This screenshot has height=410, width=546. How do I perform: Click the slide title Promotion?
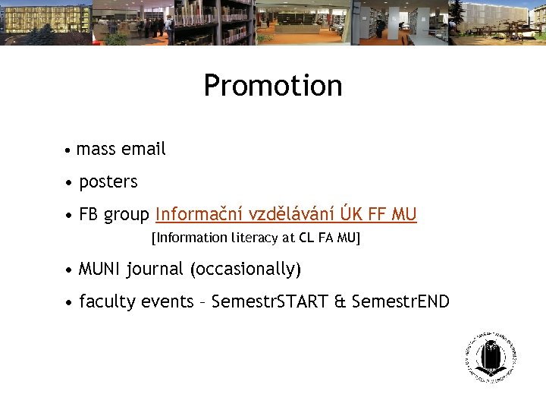click(x=273, y=86)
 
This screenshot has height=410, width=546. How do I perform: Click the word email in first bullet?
click(x=143, y=149)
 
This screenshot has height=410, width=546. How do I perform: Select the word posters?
click(x=108, y=182)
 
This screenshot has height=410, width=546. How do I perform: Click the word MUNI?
click(x=100, y=269)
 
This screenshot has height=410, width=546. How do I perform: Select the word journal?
click(x=155, y=270)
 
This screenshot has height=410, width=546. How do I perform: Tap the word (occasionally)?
click(x=246, y=270)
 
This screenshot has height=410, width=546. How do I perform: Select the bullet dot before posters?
click(x=69, y=183)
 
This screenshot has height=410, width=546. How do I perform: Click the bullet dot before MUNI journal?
click(x=69, y=270)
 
